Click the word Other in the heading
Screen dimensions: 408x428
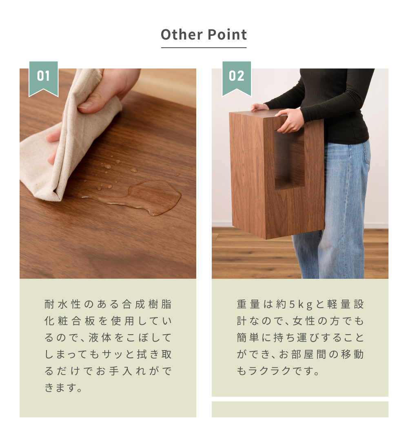pos(182,35)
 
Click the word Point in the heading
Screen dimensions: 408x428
pos(227,35)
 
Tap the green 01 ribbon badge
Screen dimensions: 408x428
pos(43,79)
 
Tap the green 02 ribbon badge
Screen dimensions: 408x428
pos(237,79)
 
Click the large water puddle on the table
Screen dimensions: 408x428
pos(137,196)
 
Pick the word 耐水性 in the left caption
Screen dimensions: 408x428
pos(62,304)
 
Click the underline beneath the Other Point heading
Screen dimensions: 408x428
pos(204,48)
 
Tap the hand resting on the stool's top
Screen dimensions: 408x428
pos(259,107)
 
